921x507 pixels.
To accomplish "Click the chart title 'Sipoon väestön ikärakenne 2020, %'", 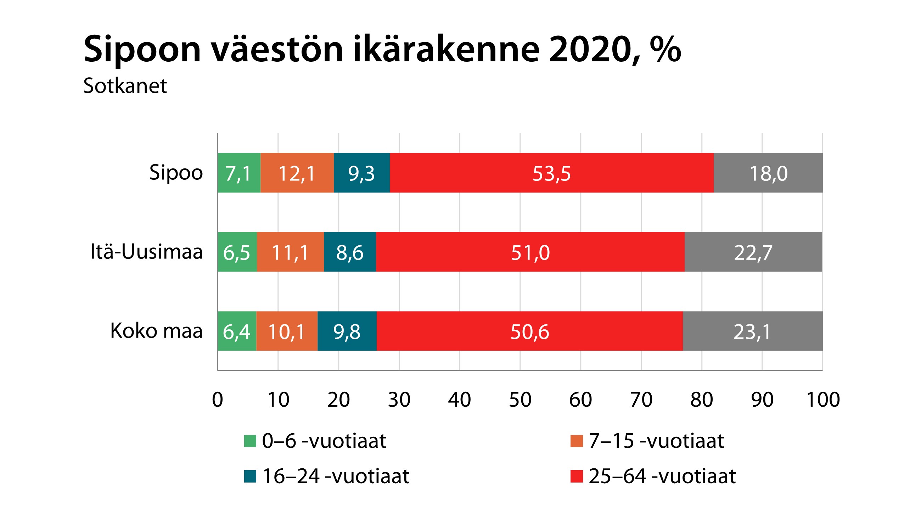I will (382, 49).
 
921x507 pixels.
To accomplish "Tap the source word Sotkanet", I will (125, 86).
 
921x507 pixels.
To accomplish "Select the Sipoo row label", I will (176, 173).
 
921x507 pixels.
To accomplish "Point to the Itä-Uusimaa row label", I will (146, 251).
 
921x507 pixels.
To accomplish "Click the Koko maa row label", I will (156, 330).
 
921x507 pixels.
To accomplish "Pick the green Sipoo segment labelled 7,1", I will (239, 173).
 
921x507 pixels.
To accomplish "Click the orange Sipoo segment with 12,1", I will (297, 173).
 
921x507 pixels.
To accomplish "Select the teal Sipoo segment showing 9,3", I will (361, 173).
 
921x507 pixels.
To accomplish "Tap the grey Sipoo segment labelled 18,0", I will (768, 173).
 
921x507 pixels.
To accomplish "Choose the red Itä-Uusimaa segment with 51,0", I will (530, 252).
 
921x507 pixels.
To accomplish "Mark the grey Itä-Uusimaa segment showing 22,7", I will (753, 252).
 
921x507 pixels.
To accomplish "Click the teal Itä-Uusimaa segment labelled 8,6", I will (350, 252).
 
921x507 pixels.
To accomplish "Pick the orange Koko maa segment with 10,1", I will (287, 331).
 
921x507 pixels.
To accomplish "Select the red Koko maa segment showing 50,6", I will (529, 331).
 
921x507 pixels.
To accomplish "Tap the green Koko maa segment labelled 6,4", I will (237, 331).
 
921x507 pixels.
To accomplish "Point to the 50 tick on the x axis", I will (520, 400).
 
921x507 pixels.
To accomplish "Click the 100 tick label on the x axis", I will (823, 400).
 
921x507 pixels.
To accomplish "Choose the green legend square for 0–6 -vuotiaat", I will (250, 441).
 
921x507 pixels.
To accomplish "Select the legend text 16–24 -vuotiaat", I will (335, 476).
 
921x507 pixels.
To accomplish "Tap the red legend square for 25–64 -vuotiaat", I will (576, 476).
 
